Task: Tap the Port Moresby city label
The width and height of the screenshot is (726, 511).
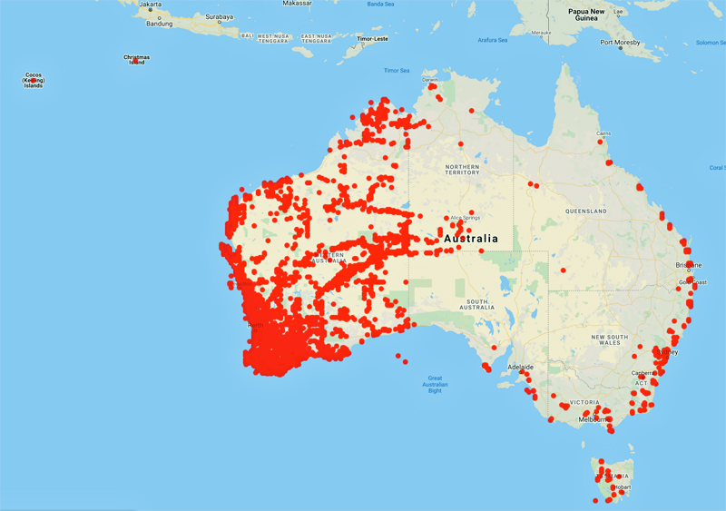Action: point(620,43)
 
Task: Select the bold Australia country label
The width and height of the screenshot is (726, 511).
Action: point(470,239)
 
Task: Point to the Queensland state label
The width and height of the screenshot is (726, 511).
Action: point(585,211)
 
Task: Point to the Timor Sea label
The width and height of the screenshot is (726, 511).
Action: point(397,71)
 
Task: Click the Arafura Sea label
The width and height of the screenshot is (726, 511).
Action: point(493,40)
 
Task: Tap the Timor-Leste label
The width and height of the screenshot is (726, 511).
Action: point(372,40)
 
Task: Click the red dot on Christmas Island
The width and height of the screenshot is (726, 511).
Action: point(136,61)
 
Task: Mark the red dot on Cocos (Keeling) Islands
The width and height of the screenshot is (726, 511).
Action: point(34,82)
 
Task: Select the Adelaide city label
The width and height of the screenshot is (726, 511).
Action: point(521,367)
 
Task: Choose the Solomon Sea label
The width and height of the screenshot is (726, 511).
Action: point(711,43)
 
